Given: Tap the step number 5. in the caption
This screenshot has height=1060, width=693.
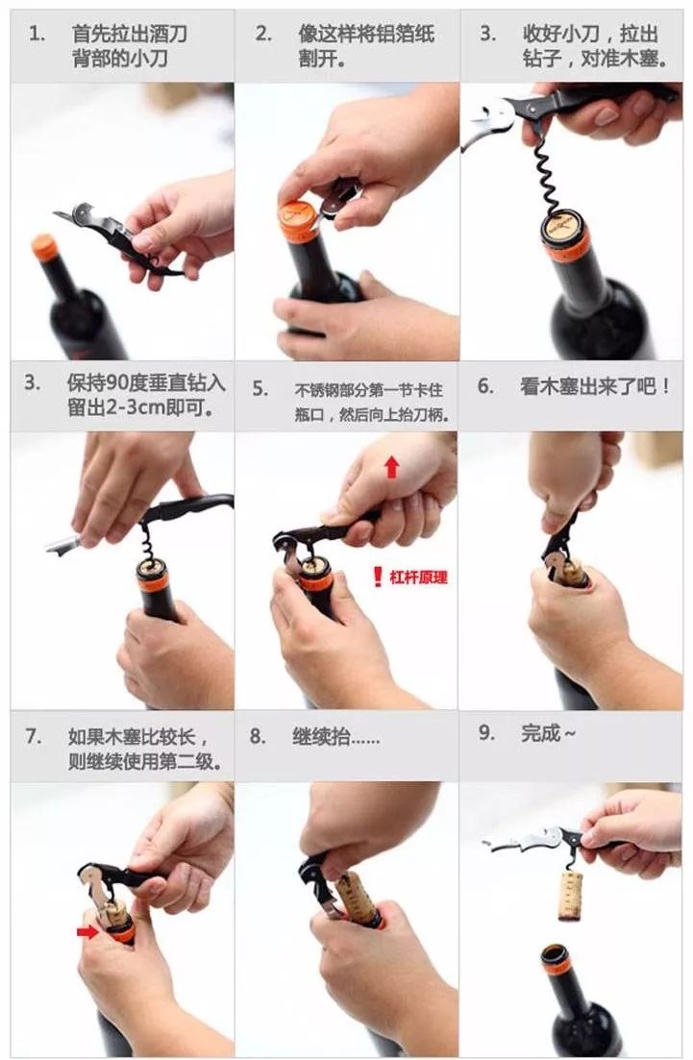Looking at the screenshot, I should pos(260,389).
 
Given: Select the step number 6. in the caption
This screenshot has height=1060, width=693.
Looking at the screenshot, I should pos(485,386).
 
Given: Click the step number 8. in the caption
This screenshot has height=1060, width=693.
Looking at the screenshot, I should pos(258,737).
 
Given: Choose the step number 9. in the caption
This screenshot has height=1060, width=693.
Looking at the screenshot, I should pos(486,734).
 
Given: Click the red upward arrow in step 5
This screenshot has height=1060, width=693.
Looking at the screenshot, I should pos(391,467).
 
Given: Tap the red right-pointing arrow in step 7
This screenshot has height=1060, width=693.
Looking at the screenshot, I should pos(88,931).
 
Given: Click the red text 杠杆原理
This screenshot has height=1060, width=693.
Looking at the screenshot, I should pos(418,578).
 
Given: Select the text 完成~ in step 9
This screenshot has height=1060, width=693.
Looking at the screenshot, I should pos(549,734).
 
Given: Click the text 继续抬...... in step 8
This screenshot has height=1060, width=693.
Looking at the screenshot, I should pos(335,737).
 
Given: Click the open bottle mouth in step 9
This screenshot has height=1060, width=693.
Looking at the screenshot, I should pos(555,953).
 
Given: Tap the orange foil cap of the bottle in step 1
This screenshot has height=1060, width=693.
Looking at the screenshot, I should pos(44,247).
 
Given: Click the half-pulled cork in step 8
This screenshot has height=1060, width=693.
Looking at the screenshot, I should pos(356,897).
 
